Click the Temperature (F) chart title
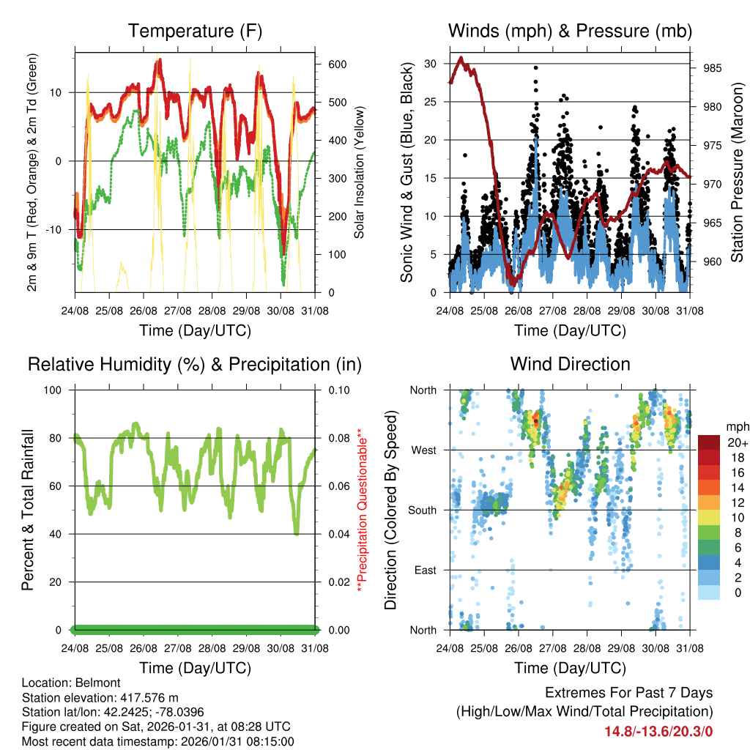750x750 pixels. (195, 31)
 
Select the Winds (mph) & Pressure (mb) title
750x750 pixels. (570, 31)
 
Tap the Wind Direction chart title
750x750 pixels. (570, 364)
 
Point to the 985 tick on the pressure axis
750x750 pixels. (712, 68)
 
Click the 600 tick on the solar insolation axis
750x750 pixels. (337, 64)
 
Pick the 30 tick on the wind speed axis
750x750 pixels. (431, 64)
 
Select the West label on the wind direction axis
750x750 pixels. (423, 450)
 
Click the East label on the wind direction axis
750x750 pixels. (425, 570)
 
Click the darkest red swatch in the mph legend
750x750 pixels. (710, 442)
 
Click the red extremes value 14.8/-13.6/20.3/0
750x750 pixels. (658, 731)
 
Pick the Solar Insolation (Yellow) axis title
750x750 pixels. (359, 177)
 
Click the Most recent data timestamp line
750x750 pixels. (157, 741)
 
